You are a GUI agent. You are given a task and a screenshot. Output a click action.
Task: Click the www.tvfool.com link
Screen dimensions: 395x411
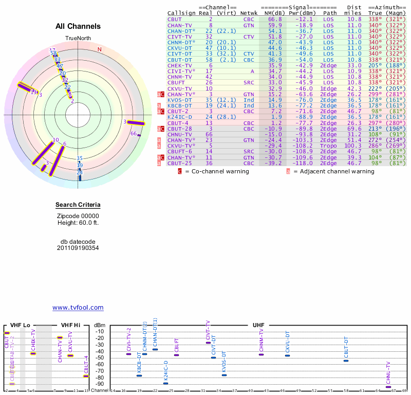[78, 308]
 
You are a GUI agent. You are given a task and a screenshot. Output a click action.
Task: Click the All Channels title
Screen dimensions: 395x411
[78, 26]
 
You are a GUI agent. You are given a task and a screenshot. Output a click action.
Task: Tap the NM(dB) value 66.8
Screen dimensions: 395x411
[275, 19]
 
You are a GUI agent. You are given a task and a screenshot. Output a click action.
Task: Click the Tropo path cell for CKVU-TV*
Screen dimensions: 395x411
[330, 146]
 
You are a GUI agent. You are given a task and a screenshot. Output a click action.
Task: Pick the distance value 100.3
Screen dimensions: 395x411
[352, 146]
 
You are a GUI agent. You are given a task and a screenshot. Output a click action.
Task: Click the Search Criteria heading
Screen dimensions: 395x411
[78, 206]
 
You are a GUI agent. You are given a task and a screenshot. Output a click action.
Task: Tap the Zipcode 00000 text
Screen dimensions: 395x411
[78, 216]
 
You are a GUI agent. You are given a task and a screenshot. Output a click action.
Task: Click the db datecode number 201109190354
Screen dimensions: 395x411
[78, 248]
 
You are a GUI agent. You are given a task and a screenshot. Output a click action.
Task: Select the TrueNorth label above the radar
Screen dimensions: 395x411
[78, 39]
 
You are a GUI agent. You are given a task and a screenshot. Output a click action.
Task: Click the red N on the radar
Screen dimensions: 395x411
[100, 49]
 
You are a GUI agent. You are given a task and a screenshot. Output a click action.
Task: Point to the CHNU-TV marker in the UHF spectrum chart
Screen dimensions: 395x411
[388, 387]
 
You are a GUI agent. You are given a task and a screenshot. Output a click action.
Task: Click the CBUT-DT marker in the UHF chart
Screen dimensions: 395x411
[346, 361]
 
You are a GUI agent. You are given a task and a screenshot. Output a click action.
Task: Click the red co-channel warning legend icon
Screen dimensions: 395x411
[180, 171]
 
